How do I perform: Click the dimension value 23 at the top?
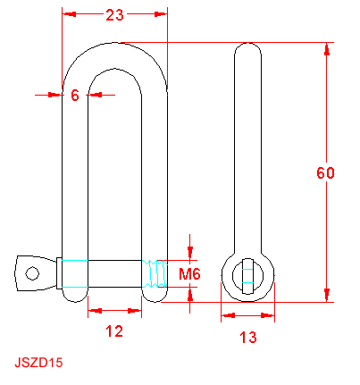tap(114, 14)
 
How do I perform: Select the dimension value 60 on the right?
tap(325, 172)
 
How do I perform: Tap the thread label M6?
tap(189, 274)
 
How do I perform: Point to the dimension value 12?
tap(114, 331)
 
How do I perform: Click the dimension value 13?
tap(248, 338)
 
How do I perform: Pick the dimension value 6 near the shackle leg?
tap(75, 96)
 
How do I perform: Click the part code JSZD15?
tap(38, 363)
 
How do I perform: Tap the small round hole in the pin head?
tap(32, 273)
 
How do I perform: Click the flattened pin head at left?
tap(36, 273)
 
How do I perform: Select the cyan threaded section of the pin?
tap(155, 273)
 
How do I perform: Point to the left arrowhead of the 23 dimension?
tap(69, 13)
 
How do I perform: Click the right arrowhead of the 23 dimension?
tap(161, 13)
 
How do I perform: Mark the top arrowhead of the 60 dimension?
tap(327, 49)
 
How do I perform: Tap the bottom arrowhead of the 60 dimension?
tap(327, 295)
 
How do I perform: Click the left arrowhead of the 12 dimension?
tap(95, 311)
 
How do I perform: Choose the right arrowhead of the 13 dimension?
tap(267, 315)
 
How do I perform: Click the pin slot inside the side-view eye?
tap(247, 276)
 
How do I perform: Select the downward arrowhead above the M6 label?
tap(190, 253)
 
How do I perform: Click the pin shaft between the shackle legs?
tap(114, 273)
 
